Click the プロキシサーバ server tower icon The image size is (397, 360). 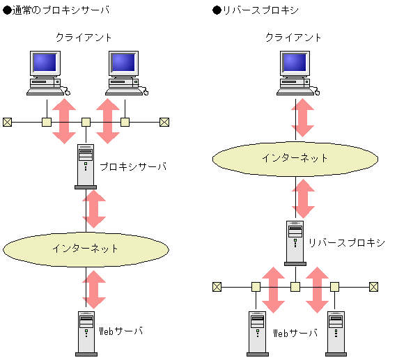tap(86, 166)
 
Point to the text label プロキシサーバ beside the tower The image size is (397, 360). tap(133, 167)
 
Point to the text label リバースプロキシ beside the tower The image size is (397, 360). tap(346, 242)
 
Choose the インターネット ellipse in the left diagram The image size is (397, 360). tap(86, 248)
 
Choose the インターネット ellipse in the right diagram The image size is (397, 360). tap(295, 158)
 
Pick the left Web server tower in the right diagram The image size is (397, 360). tap(257, 333)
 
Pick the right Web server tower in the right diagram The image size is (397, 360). tap(336, 333)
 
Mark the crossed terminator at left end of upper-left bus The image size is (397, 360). tap(8, 122)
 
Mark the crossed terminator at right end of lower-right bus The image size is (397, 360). tap(374, 286)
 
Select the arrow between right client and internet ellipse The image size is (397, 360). tap(303, 118)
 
